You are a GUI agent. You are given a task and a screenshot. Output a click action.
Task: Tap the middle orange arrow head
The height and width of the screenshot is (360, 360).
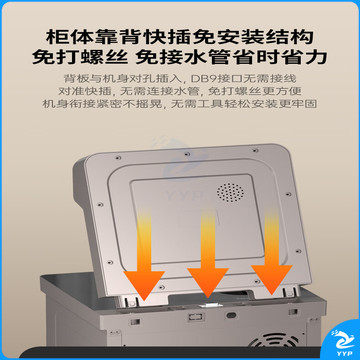pos(207,282)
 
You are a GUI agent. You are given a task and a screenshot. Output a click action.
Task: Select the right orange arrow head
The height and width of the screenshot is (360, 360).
pos(271,279)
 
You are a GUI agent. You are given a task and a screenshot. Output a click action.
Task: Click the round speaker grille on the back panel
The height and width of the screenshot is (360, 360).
pos(230,192)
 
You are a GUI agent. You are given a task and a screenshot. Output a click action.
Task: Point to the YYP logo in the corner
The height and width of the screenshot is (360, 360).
pos(340,341)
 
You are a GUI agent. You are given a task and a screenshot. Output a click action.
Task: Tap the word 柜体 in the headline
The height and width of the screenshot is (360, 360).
pos(63,36)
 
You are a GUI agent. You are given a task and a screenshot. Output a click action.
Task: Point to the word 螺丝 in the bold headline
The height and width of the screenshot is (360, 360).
pos(110,57)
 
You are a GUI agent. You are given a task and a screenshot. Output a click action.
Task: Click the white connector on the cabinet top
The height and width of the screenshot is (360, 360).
pos(208,306)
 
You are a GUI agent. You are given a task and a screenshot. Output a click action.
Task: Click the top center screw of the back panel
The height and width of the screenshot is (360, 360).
pos(187,154)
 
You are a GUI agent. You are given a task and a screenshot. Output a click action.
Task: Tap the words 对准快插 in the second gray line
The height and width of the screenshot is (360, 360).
pos(78,91)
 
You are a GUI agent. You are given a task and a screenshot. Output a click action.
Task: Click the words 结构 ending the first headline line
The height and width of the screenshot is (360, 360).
pos(296,36)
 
